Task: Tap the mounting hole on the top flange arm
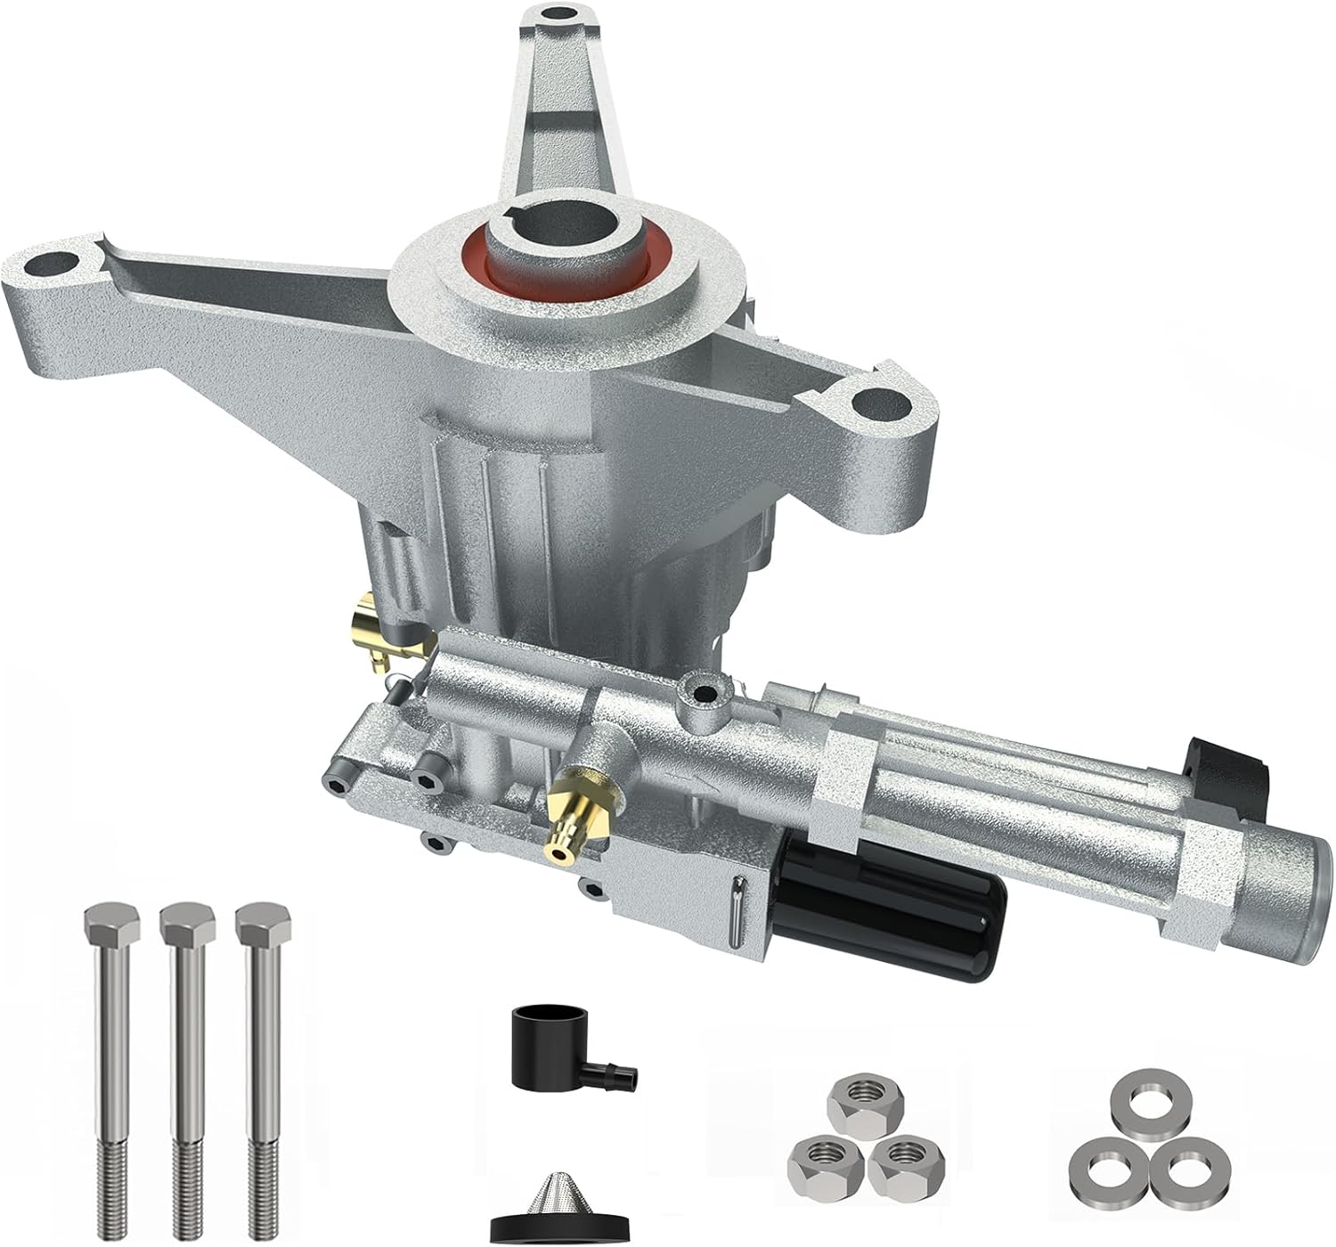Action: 559,15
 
